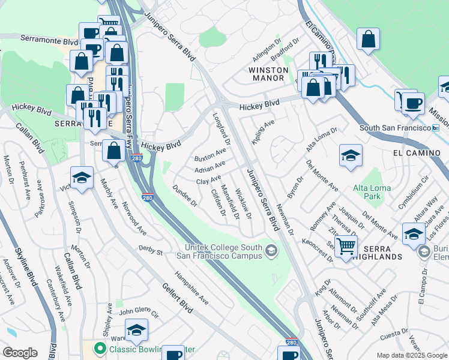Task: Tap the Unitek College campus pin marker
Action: (271, 251)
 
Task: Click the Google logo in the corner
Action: (20, 353)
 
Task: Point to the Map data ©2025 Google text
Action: (411, 355)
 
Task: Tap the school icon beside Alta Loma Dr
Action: (351, 156)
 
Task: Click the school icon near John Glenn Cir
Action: (137, 330)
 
